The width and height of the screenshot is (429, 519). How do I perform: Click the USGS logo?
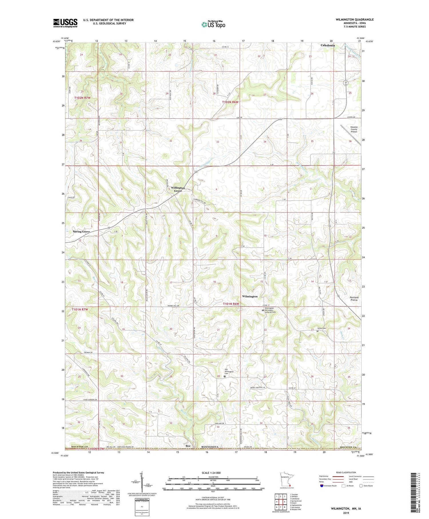pyautogui.click(x=65, y=23)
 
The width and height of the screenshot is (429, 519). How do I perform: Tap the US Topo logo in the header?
pyautogui.click(x=213, y=25)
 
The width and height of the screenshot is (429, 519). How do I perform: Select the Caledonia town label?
pyautogui.click(x=327, y=45)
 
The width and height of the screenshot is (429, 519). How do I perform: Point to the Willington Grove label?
pyautogui.click(x=178, y=189)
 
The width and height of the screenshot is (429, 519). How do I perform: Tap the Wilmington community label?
pyautogui.click(x=250, y=296)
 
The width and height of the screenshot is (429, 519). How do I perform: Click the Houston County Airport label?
pyautogui.click(x=354, y=129)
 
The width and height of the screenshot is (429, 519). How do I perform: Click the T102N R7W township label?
pyautogui.click(x=82, y=98)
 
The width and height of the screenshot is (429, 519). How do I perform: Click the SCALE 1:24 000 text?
pyautogui.click(x=213, y=473)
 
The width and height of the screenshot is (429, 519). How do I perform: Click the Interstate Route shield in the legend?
pyautogui.click(x=321, y=486)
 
